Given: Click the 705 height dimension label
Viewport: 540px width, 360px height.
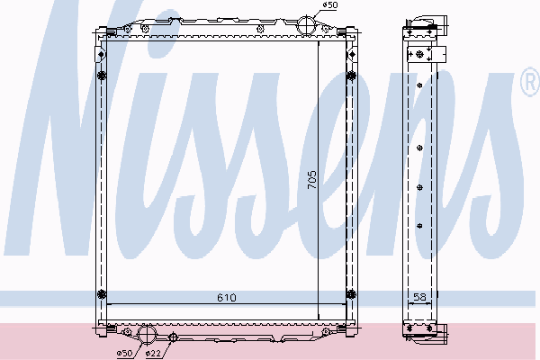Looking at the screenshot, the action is [x=311, y=179].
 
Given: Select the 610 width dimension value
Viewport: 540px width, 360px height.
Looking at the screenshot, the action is [x=227, y=297].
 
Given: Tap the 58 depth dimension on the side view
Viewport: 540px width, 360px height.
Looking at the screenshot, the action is [x=419, y=296].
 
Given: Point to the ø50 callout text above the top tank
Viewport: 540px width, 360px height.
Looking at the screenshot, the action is [x=330, y=4].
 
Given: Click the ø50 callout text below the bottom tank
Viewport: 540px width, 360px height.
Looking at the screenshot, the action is [x=124, y=353].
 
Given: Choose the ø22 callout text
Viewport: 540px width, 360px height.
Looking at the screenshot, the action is [x=153, y=353].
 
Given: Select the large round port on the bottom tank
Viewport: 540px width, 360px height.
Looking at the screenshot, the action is [x=147, y=334].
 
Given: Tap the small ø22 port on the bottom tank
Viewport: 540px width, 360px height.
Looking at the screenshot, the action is [x=173, y=337].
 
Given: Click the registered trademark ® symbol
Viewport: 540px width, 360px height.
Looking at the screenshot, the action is [x=531, y=82].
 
